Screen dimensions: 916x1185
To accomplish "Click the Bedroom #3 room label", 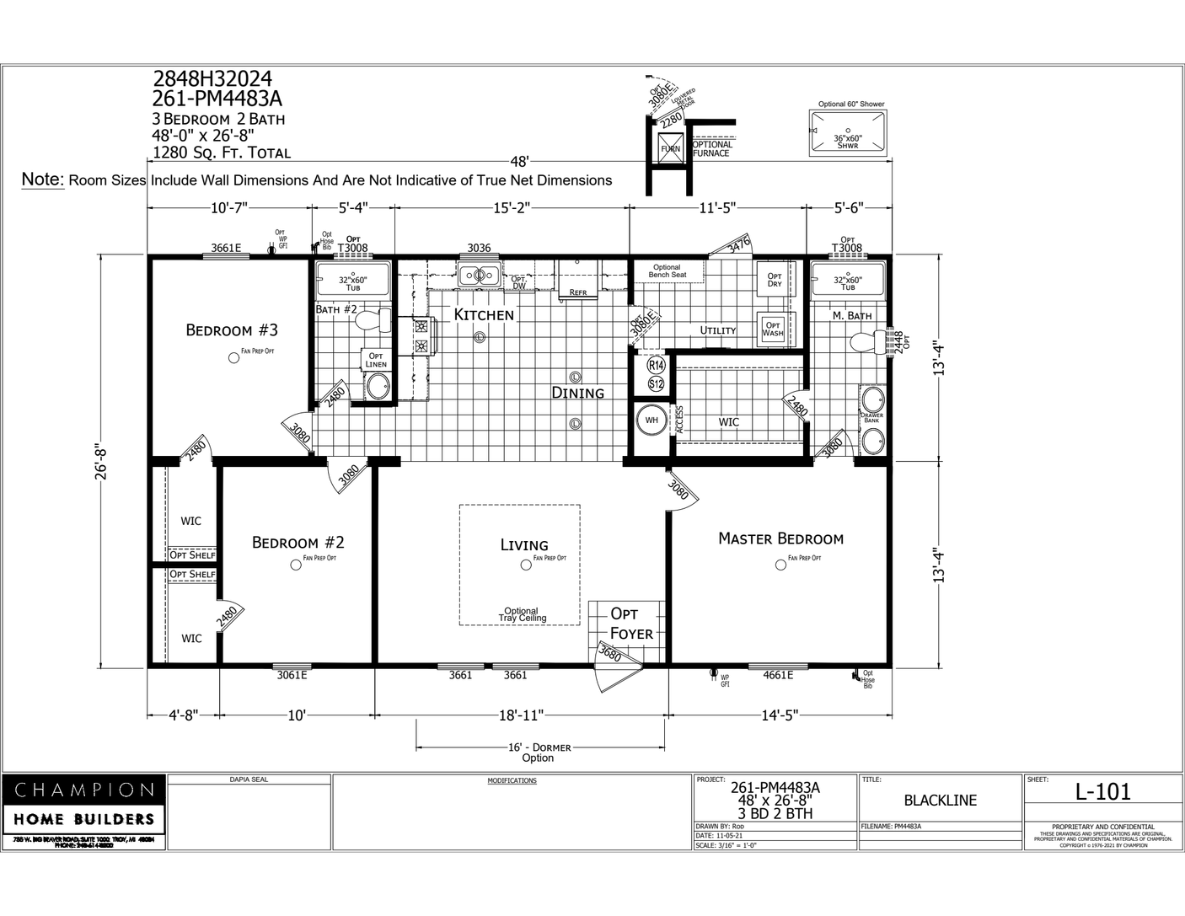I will (x=232, y=329).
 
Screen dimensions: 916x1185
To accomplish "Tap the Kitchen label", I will (x=484, y=314).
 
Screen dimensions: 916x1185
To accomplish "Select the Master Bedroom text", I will (x=780, y=538).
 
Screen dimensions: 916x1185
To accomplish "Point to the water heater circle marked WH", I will (x=651, y=420).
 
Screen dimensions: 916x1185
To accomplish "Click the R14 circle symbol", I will (x=657, y=366).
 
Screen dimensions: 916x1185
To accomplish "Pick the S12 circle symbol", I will (x=657, y=384).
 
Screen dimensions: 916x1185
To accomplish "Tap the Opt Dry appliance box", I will (x=774, y=280).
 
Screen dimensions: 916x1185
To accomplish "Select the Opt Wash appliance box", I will (x=772, y=328).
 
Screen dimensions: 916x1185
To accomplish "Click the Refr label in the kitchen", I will (x=578, y=292).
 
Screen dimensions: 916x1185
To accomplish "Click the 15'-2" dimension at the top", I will (x=511, y=206).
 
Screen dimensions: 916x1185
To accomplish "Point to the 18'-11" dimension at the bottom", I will (x=521, y=715).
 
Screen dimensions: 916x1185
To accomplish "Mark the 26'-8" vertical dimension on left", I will (x=104, y=461).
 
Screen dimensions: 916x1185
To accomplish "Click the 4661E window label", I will (x=778, y=675).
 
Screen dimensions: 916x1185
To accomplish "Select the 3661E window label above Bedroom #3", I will (x=226, y=248).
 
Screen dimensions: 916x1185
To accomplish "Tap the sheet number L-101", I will (x=1102, y=791).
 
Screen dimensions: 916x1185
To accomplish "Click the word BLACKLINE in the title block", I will (x=940, y=801).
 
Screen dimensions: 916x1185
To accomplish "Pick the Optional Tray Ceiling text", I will (x=521, y=614).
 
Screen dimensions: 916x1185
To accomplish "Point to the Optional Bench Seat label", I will (x=667, y=271).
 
